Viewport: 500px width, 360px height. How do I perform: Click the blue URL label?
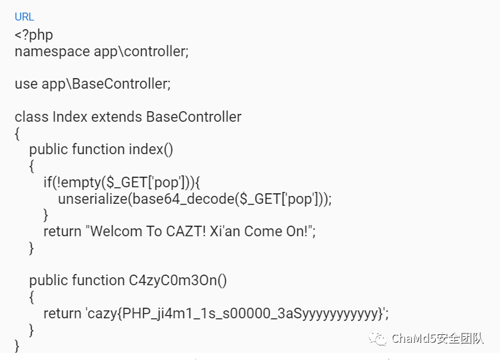click(25, 17)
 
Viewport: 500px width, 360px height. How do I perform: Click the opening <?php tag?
click(34, 34)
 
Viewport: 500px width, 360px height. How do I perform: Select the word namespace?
click(47, 52)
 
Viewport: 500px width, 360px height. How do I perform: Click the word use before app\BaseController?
click(26, 84)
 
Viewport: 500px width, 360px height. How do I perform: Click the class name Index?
click(70, 117)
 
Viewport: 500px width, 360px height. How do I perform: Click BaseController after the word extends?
click(193, 117)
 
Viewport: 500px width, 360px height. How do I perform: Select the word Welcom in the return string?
click(115, 232)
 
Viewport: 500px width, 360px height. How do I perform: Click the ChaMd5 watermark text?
click(436, 339)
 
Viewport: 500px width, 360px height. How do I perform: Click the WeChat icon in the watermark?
click(379, 339)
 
